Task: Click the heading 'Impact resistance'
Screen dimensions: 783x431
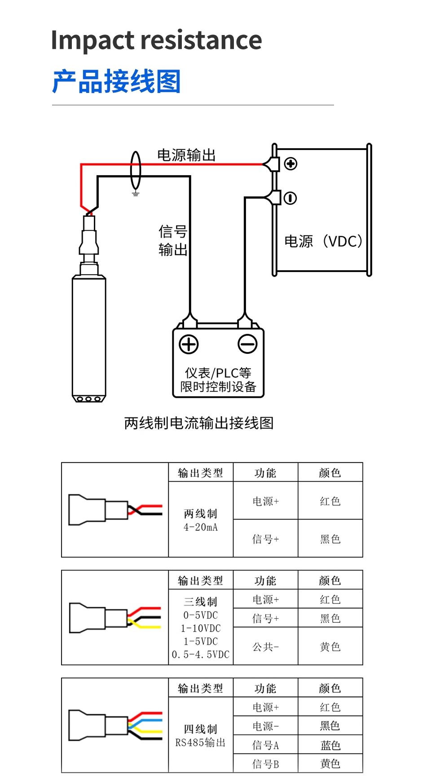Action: point(156,40)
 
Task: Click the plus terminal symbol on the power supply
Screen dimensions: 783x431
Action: point(290,164)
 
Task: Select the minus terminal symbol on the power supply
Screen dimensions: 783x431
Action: point(290,198)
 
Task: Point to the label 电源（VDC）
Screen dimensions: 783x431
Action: point(323,242)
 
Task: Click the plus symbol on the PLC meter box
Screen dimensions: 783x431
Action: point(189,344)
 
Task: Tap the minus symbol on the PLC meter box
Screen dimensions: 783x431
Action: point(247,344)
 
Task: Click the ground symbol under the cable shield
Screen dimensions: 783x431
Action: point(136,194)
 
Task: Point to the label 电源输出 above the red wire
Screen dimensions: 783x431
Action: point(186,155)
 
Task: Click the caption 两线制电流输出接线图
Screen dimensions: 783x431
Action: point(199,423)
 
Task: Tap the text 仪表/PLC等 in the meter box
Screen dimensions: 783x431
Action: point(218,373)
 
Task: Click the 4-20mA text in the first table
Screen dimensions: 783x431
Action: point(201,528)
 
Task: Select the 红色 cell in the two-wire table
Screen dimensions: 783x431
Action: point(330,501)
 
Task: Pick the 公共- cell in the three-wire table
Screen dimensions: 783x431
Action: point(265,647)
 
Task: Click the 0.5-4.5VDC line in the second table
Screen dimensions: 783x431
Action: point(201,655)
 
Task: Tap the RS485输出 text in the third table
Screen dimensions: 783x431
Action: point(201,743)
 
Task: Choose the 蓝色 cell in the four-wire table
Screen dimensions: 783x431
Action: point(330,745)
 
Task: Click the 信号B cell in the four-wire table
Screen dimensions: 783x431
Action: point(265,764)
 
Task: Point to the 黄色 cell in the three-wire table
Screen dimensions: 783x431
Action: point(330,647)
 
